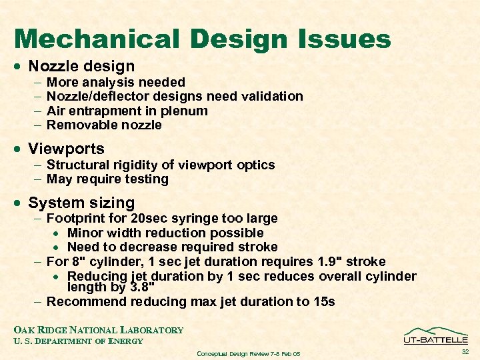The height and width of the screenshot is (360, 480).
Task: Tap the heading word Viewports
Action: [66, 148]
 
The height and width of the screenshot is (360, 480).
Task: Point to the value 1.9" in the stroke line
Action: [329, 262]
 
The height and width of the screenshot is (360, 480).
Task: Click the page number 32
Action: [465, 351]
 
